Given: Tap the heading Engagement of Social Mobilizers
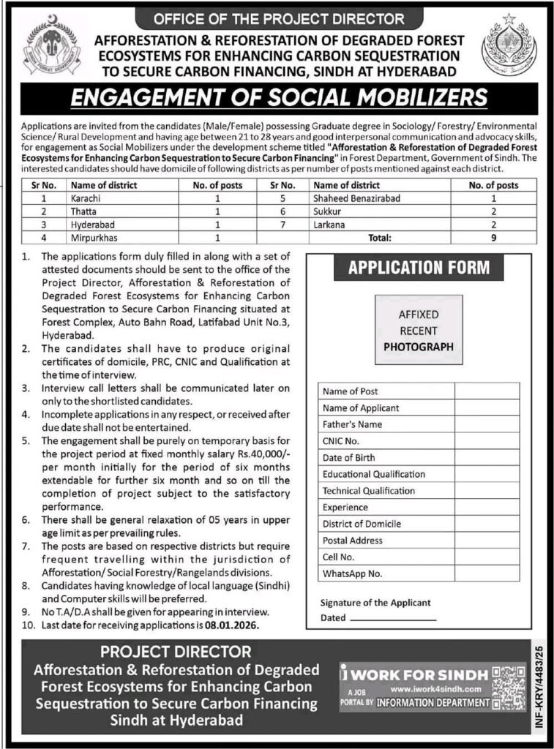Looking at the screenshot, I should click(277, 98).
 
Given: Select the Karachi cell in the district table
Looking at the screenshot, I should click(85, 198).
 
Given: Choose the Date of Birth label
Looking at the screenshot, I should click(349, 458).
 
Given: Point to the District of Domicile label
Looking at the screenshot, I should click(362, 524).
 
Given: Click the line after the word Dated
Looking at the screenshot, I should click(393, 618).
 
